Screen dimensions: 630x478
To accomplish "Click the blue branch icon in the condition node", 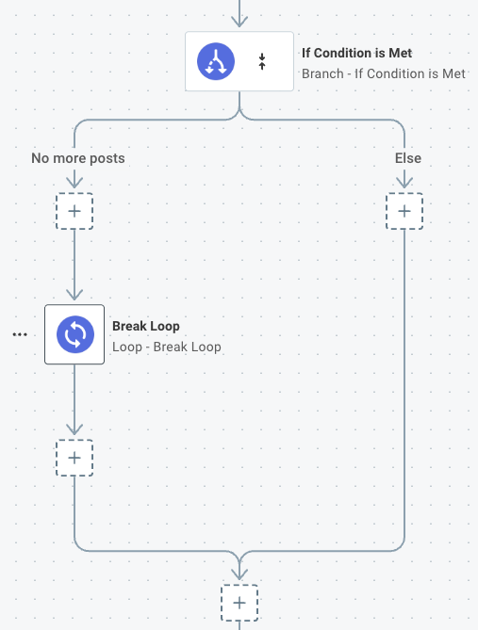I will [x=216, y=63].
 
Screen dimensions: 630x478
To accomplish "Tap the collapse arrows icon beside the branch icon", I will [x=262, y=63].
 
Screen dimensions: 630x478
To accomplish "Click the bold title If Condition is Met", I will [x=356, y=54].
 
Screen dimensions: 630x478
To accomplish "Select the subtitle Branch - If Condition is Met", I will [x=383, y=73].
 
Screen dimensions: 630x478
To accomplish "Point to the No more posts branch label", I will [x=77, y=158].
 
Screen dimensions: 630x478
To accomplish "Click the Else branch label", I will [x=407, y=158].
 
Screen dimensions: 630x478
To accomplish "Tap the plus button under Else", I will [x=404, y=212].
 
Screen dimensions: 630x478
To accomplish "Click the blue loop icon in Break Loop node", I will [x=74, y=334].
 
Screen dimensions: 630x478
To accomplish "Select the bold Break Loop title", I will [x=146, y=327].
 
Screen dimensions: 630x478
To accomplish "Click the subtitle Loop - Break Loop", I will [x=167, y=347].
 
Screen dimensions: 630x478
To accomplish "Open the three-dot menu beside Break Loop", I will [x=20, y=334].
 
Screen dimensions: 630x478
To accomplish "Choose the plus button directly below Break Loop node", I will [x=74, y=458].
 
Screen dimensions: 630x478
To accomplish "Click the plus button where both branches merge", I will [x=239, y=602].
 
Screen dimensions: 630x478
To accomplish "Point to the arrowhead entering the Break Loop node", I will [x=74, y=296].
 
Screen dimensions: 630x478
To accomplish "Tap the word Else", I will [x=407, y=158].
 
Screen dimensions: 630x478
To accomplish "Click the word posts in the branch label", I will [x=107, y=158].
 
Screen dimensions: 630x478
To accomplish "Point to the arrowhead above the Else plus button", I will [x=404, y=186].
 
